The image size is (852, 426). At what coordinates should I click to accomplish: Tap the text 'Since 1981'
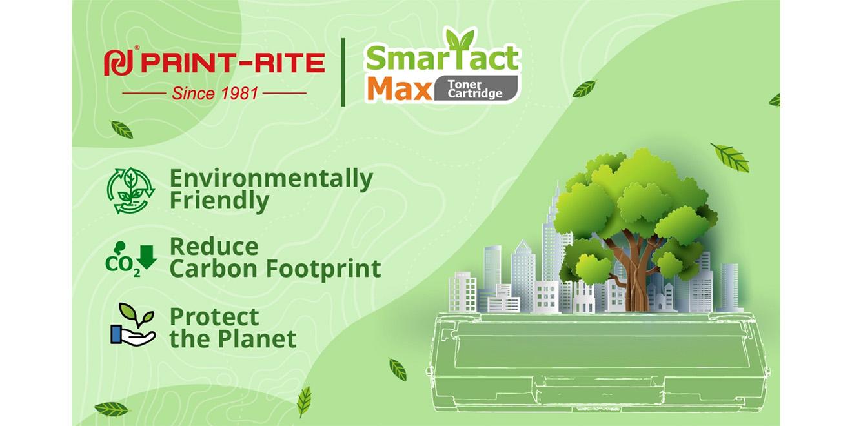click(215, 93)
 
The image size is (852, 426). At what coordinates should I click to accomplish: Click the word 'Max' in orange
click(400, 89)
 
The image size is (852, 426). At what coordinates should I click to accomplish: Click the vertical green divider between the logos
click(343, 72)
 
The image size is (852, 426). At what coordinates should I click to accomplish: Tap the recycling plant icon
click(130, 190)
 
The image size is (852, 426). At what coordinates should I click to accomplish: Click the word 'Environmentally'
click(271, 178)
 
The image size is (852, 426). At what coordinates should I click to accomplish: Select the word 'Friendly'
click(219, 201)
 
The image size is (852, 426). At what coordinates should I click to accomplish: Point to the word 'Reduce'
click(214, 247)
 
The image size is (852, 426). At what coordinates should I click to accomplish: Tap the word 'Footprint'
click(323, 269)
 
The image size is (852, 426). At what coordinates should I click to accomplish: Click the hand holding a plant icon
click(132, 325)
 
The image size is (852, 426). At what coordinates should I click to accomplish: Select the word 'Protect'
click(214, 316)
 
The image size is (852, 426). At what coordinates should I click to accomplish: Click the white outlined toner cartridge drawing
click(598, 361)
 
